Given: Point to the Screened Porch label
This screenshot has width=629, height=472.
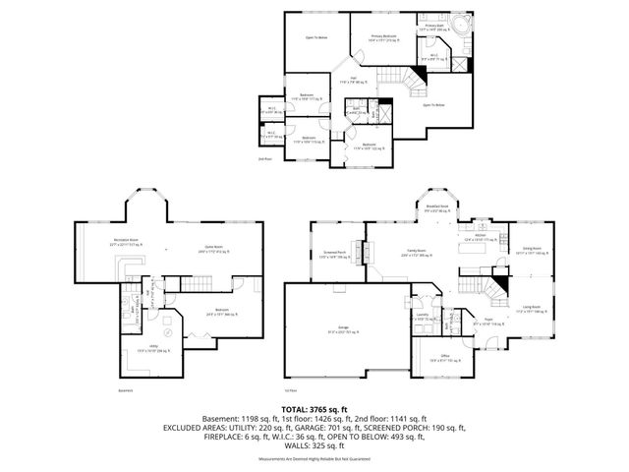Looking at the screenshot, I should click(335, 255).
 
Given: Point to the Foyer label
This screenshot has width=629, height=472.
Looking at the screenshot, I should click(486, 321).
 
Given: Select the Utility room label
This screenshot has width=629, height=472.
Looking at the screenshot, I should click(143, 350).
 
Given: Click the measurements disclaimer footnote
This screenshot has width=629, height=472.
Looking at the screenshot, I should click(314, 459).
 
